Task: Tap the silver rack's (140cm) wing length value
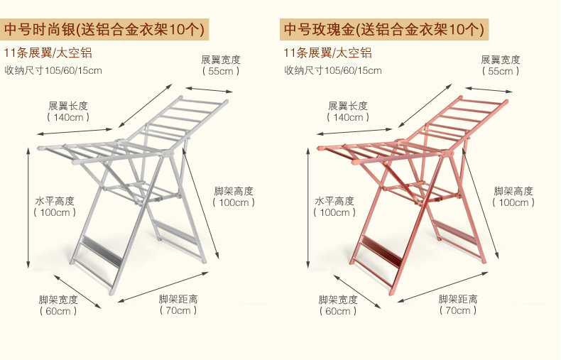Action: coord(69,117)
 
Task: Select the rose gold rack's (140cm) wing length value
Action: coord(349,117)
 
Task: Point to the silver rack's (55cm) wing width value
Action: coord(221,71)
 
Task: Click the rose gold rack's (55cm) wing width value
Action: coord(501,71)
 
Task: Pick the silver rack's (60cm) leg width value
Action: coord(59,311)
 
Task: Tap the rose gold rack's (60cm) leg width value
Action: coord(338,311)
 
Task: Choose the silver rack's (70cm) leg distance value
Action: coord(178,310)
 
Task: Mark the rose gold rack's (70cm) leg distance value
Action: coord(458,310)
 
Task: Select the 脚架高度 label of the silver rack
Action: coord(234,191)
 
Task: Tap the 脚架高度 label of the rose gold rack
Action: coord(513,191)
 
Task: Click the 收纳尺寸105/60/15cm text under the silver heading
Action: coord(53,70)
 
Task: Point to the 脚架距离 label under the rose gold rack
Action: coord(458,299)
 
